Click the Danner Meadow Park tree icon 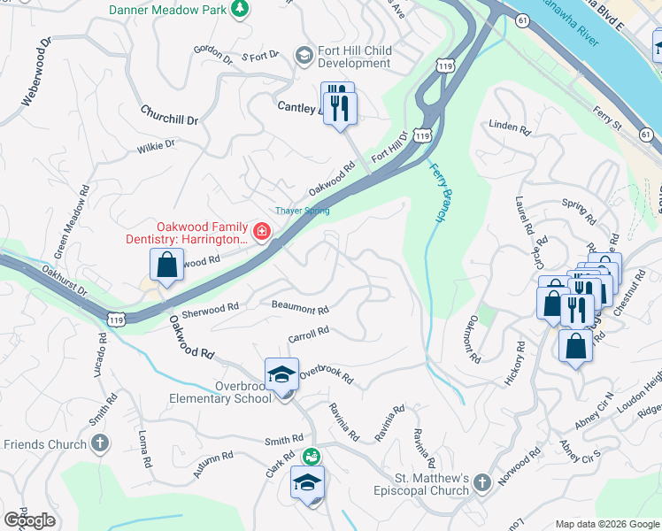tap(239, 9)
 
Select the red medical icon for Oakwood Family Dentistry tap(260, 233)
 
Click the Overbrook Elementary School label tap(220, 392)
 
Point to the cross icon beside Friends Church tap(100, 442)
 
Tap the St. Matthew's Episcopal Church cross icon tap(481, 482)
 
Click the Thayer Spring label tap(302, 211)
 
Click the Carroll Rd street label tap(308, 335)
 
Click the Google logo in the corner tap(30, 520)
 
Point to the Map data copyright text tap(606, 524)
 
